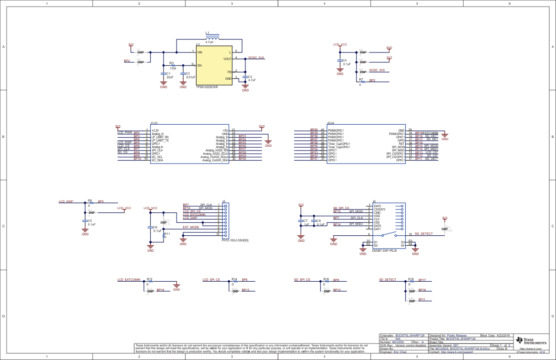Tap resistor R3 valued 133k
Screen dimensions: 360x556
pos(173,65)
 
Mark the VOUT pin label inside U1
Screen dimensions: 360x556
pos(227,59)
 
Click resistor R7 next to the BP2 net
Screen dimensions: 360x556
pos(361,82)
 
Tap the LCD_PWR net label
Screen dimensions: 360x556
pos(125,133)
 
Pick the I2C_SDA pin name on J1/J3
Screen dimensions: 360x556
pos(157,160)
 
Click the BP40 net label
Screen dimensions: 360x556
pos(314,130)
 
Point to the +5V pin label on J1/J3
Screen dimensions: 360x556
pos(225,130)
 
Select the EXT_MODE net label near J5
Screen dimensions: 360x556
pos(191,227)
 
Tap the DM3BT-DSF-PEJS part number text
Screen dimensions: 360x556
pos(384,251)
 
